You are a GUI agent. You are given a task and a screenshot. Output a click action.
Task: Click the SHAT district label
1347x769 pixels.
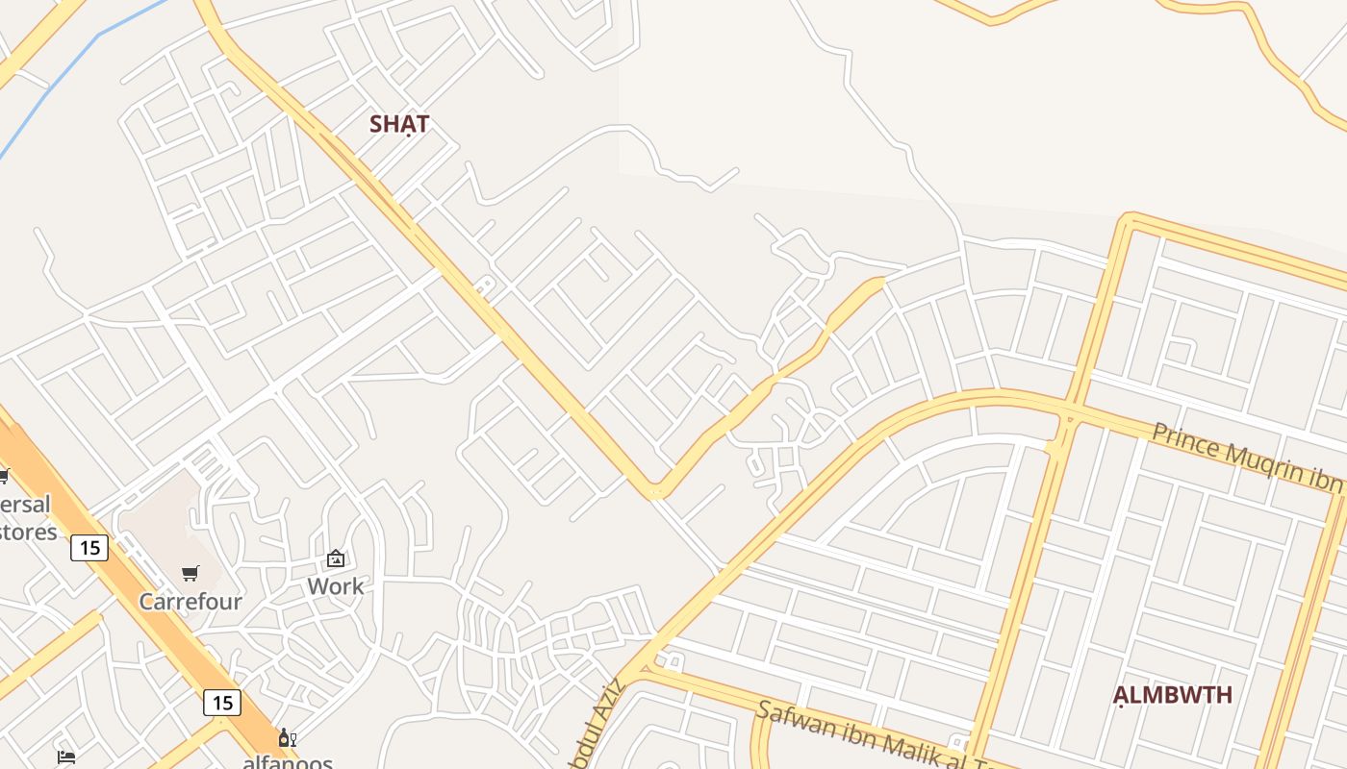tap(399, 124)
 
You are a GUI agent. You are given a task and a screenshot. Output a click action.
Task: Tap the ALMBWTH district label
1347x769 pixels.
tap(1172, 695)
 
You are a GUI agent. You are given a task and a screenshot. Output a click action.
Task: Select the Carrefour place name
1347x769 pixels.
tap(191, 602)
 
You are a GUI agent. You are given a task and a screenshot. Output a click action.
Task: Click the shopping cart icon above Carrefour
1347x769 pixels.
tap(191, 574)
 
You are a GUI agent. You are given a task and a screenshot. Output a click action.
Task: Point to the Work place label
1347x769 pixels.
tap(336, 585)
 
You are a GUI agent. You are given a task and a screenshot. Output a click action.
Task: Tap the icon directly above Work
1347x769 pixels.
tap(336, 558)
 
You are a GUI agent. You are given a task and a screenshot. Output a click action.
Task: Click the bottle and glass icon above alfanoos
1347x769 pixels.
tap(286, 738)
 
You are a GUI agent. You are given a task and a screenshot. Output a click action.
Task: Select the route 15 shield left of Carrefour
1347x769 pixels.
tap(89, 548)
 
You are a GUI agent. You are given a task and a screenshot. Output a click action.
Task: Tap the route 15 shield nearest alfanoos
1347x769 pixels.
tap(222, 703)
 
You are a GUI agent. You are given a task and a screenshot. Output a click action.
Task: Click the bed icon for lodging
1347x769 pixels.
tap(66, 757)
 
